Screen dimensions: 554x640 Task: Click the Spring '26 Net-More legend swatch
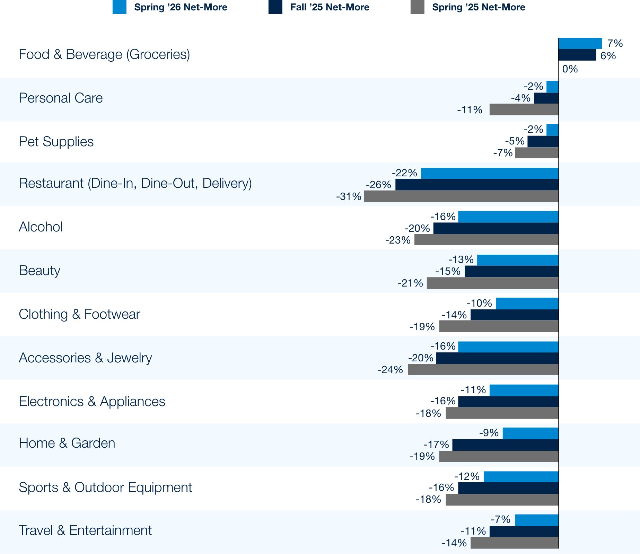(119, 7)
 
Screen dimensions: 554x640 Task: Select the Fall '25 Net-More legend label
(330, 7)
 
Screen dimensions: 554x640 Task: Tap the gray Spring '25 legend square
(417, 7)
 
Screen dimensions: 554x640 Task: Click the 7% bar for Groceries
(580, 43)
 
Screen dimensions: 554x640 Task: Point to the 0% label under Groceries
(570, 69)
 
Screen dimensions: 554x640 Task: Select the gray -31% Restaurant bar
(461, 196)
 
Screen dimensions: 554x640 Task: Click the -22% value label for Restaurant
(404, 173)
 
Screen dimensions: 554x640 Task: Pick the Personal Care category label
(61, 98)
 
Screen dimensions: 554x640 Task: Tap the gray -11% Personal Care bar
(524, 110)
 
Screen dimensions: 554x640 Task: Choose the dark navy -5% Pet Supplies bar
(543, 141)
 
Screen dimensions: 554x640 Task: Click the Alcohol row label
(41, 227)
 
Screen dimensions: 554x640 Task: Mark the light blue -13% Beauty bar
(518, 260)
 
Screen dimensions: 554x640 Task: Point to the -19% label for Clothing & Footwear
(422, 326)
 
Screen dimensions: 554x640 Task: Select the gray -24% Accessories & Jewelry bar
(483, 370)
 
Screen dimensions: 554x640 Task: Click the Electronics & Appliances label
(92, 402)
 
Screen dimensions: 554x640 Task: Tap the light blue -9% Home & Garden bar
(531, 433)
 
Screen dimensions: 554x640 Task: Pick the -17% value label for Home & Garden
(436, 445)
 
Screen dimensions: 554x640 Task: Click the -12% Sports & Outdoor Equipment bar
(521, 477)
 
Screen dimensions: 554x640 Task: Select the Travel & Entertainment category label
(85, 530)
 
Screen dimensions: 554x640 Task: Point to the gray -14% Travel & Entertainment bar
(515, 543)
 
